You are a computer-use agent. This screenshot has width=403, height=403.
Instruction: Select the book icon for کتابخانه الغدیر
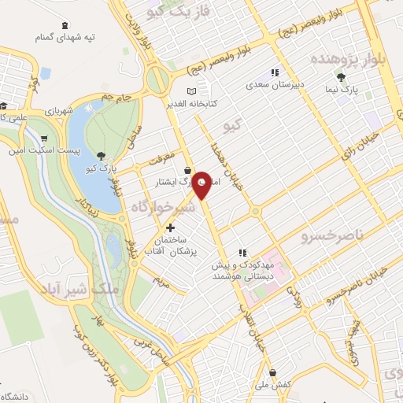pyautogui.click(x=191, y=92)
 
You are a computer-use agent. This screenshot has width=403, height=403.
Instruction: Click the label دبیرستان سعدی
pyautogui.click(x=272, y=83)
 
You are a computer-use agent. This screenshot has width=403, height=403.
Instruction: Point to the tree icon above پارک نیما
pyautogui.click(x=340, y=77)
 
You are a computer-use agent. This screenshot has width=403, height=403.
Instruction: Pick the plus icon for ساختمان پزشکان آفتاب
pyautogui.click(x=170, y=227)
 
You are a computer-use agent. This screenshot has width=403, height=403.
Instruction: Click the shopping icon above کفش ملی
pyautogui.click(x=272, y=372)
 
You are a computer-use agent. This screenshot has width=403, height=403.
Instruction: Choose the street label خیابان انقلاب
pyautogui.click(x=253, y=323)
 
